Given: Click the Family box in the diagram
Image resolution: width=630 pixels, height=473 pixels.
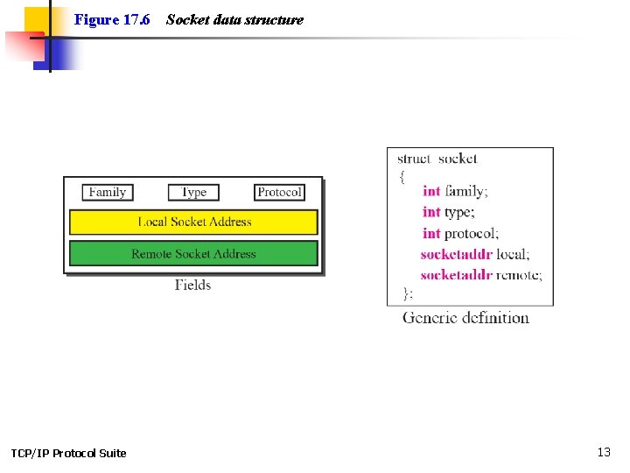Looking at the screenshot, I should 108,192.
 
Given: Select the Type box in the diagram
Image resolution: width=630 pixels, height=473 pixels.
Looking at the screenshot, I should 193,192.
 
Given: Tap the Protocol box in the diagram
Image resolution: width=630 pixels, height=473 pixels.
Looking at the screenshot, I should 279,192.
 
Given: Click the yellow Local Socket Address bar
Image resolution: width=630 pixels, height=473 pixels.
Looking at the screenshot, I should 193,222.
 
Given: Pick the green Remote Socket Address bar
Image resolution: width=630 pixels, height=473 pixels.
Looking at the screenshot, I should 193,254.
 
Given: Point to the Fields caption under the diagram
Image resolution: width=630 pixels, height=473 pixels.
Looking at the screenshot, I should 192,285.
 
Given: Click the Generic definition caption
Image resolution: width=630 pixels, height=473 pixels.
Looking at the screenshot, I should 465,318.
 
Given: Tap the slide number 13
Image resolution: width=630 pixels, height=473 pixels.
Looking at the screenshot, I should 604,452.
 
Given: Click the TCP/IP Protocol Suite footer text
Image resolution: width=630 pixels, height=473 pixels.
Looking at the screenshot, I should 68,453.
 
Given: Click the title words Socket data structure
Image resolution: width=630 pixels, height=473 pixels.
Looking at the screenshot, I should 234,19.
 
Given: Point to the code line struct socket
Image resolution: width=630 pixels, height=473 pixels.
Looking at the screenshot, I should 437,159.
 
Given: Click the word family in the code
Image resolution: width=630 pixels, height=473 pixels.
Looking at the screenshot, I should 466,191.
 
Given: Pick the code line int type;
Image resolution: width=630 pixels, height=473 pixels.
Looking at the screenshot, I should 448,212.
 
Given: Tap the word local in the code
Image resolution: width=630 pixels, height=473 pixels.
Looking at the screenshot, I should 513,254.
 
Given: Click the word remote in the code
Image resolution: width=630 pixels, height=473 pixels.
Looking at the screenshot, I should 519,275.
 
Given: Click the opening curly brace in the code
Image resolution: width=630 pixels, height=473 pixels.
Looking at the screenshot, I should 402,175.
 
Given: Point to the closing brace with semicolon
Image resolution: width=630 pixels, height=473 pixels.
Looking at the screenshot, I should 407,293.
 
